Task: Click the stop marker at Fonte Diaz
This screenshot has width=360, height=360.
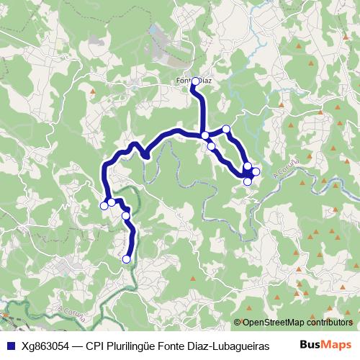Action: (x=194, y=81)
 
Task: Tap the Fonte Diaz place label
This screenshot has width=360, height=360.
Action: (x=193, y=81)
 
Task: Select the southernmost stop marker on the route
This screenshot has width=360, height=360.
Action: (x=127, y=259)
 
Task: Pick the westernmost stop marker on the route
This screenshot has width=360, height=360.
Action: (x=104, y=206)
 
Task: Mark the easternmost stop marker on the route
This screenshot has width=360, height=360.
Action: (x=256, y=171)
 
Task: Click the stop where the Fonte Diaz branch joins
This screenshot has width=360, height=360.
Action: (x=205, y=135)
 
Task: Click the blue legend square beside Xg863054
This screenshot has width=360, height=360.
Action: (x=9, y=345)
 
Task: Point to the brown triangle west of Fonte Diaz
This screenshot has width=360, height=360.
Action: (x=92, y=92)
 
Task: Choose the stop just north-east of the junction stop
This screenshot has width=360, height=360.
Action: (x=226, y=129)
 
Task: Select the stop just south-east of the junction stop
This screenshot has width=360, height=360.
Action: (x=211, y=146)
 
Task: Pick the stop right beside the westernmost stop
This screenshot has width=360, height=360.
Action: (x=112, y=202)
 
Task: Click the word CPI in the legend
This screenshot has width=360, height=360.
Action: (x=95, y=345)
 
